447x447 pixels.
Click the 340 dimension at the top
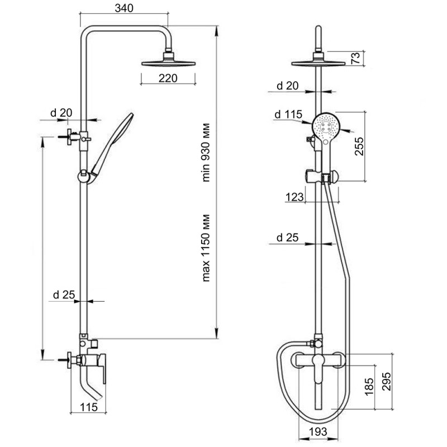[124, 8]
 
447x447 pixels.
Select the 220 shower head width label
[168, 78]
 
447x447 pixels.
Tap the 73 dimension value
[356, 58]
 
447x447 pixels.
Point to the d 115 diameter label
[288, 115]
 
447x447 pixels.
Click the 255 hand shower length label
[359, 146]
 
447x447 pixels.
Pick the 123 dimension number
[294, 197]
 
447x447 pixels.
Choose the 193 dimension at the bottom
[318, 431]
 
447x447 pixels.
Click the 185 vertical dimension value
[369, 387]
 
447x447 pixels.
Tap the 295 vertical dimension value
[386, 381]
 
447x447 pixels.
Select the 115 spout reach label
[89, 407]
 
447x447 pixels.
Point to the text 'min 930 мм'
[206, 153]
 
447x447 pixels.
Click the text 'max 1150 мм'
[206, 248]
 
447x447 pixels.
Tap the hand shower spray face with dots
[326, 126]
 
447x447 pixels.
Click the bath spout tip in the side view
[101, 398]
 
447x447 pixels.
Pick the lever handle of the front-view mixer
[317, 370]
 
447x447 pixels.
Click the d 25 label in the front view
[287, 237]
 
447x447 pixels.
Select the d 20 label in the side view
[61, 113]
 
